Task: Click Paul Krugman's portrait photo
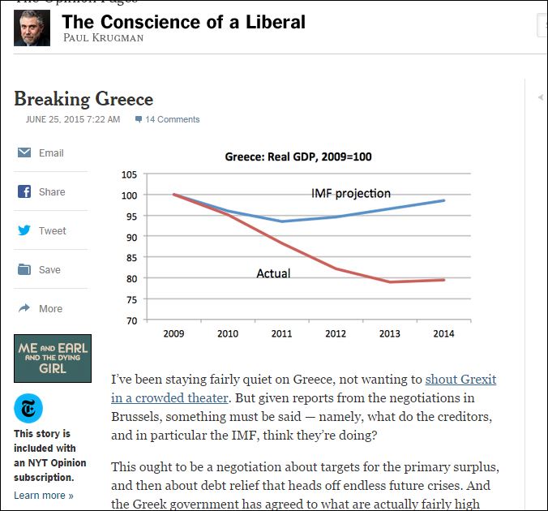32,28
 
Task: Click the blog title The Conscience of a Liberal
184,22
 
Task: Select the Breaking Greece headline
83,99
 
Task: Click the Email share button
50,152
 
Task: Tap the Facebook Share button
51,191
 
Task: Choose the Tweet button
52,230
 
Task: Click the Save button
49,269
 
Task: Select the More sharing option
49,308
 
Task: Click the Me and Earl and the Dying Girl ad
53,358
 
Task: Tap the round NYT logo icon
28,407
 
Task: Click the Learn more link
44,495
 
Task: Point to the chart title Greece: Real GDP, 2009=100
298,157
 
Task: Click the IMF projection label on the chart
351,193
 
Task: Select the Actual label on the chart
273,273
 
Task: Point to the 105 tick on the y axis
128,174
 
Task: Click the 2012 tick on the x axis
336,333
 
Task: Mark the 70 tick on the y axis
131,320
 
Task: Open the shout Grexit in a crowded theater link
303,389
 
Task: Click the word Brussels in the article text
139,417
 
